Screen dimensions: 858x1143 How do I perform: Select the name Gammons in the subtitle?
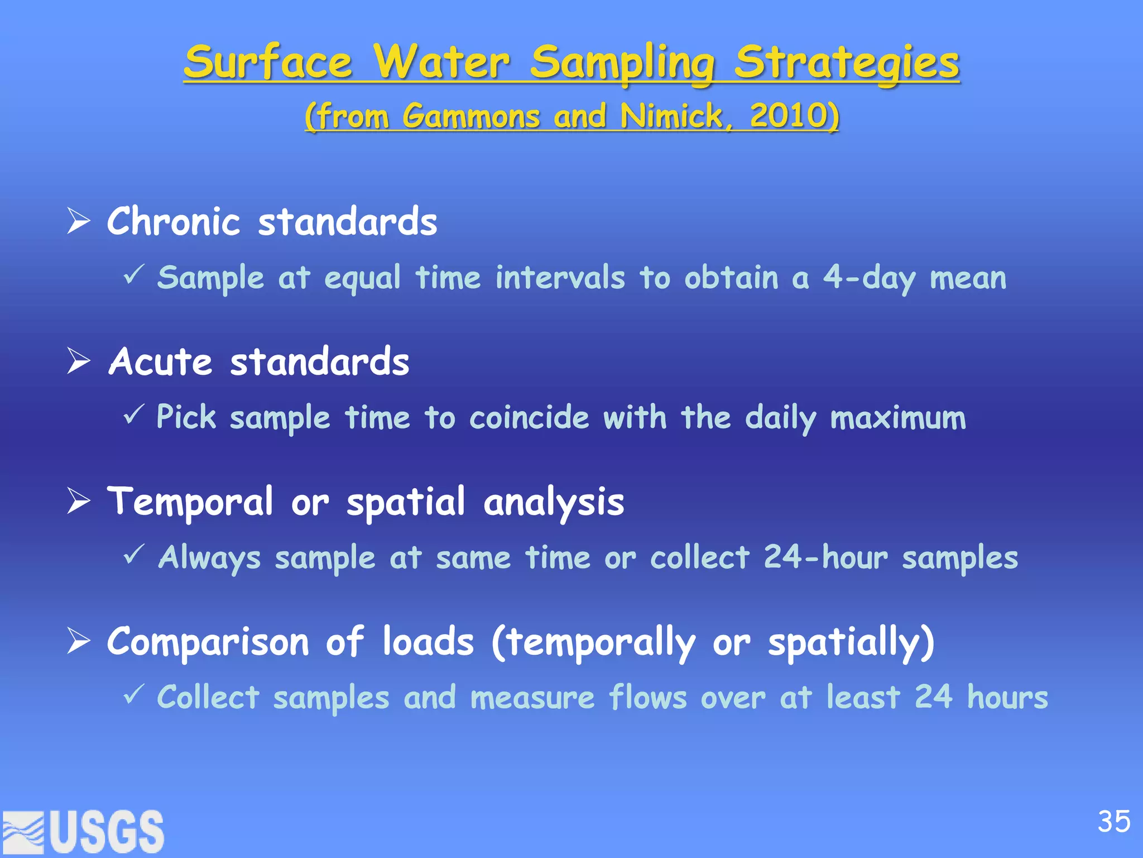pos(471,116)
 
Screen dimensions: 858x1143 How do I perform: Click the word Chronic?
pos(174,221)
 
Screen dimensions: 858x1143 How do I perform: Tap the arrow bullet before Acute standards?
pos(79,361)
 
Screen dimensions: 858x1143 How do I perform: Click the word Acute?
pos(161,361)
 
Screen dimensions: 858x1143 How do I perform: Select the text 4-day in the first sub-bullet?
pos(869,278)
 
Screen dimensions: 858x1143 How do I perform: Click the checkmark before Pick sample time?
pos(134,414)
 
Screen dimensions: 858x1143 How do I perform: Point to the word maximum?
pos(898,418)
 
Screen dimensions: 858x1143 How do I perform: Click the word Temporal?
pos(190,502)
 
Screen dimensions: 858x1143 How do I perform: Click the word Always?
pos(209,557)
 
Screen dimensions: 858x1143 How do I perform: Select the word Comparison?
pos(208,641)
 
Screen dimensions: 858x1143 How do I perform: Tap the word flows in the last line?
pos(647,697)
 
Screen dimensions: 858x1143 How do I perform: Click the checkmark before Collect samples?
pos(134,694)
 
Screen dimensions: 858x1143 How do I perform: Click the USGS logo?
pos(84,831)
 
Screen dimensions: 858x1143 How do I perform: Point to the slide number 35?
pos(1113,822)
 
